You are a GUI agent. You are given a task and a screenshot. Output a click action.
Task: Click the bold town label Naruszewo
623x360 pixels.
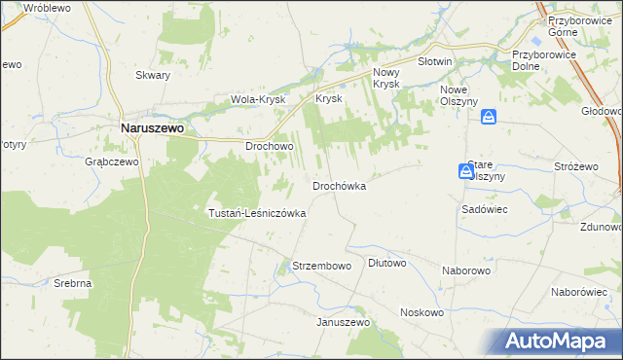153,126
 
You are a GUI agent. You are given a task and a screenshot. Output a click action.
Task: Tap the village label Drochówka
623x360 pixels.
339,185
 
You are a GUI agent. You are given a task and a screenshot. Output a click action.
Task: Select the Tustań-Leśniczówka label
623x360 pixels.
258,212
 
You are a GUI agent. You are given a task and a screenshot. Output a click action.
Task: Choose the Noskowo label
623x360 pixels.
421,312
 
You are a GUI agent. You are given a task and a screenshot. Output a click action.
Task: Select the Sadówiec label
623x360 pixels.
481,209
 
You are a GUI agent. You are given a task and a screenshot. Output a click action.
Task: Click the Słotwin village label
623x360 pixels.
435,61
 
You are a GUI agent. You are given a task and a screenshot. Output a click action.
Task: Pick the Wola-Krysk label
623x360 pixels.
257,99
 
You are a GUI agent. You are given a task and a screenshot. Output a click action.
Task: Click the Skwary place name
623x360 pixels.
153,75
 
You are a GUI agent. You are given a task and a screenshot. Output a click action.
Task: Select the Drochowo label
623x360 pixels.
270,146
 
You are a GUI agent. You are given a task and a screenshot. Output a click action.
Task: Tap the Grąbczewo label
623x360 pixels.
113,162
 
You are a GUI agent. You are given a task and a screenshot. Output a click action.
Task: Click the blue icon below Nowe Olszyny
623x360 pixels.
489,117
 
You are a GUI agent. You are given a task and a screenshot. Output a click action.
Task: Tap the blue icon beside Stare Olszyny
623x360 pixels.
466,171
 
